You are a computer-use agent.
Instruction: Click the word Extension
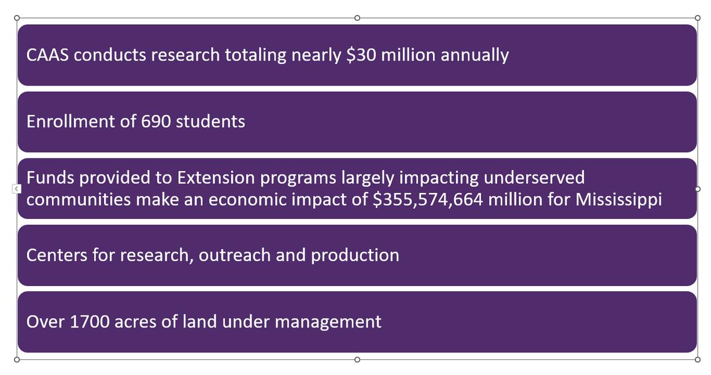coord(216,177)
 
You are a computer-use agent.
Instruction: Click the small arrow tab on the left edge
coord(17,188)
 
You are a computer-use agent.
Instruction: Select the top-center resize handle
coord(357,18)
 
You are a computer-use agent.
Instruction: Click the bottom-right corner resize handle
coord(697,359)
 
